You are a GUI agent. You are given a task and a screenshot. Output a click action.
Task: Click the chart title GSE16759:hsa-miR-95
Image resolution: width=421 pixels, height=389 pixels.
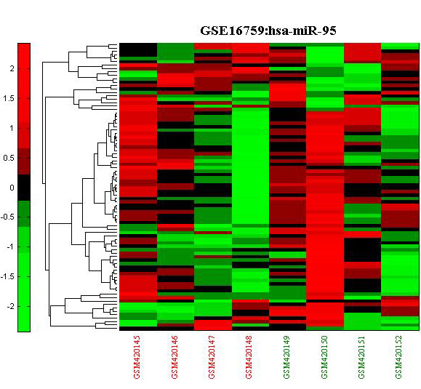pyautogui.click(x=268, y=31)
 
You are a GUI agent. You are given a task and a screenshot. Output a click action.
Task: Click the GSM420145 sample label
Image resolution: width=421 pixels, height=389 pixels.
pyautogui.click(x=137, y=357)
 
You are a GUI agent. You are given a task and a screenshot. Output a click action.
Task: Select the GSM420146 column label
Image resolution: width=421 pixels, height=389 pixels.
pyautogui.click(x=175, y=357)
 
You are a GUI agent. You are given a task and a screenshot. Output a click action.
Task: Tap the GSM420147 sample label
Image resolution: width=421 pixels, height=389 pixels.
pyautogui.click(x=212, y=357)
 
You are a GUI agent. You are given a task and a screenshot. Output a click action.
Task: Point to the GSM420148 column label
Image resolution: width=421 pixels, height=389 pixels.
pyautogui.click(x=249, y=357)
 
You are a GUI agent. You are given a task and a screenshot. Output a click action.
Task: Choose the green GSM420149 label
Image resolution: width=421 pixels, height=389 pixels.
pyautogui.click(x=286, y=357)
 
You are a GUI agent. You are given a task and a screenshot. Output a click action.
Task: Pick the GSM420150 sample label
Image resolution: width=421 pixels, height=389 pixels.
pyautogui.click(x=324, y=357)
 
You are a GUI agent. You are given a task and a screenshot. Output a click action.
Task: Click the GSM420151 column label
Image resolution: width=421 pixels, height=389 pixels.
pyautogui.click(x=361, y=357)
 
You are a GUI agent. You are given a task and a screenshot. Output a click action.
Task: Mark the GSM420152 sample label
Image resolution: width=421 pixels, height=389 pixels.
pyautogui.click(x=399, y=357)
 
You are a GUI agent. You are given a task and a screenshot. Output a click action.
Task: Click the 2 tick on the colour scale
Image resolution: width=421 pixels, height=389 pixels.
pyautogui.click(x=12, y=69)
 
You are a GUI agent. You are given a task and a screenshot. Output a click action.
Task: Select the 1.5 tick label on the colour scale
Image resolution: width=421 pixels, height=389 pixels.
pyautogui.click(x=8, y=99)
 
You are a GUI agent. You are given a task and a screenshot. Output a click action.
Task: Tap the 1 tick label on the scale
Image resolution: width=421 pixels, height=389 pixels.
pyautogui.click(x=12, y=128)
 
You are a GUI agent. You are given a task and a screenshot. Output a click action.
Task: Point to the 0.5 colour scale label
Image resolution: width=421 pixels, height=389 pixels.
pyautogui.click(x=8, y=158)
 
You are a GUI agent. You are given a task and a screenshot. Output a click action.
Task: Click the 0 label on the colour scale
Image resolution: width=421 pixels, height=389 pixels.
pyautogui.click(x=12, y=188)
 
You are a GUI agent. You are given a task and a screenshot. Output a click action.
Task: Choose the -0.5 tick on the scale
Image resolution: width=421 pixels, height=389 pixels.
pyautogui.click(x=7, y=217)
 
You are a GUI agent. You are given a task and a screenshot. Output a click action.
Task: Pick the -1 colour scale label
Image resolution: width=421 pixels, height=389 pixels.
pyautogui.click(x=10, y=246)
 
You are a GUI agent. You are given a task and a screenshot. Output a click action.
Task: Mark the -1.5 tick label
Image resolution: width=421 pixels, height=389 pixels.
pyautogui.click(x=7, y=276)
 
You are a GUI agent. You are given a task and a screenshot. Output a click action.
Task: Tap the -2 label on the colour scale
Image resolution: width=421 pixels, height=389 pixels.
pyautogui.click(x=10, y=306)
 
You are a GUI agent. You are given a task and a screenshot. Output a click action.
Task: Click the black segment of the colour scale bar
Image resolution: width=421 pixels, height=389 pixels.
pyautogui.click(x=24, y=188)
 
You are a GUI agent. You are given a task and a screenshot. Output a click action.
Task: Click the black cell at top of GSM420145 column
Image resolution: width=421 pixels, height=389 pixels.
pyautogui.click(x=138, y=50)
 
